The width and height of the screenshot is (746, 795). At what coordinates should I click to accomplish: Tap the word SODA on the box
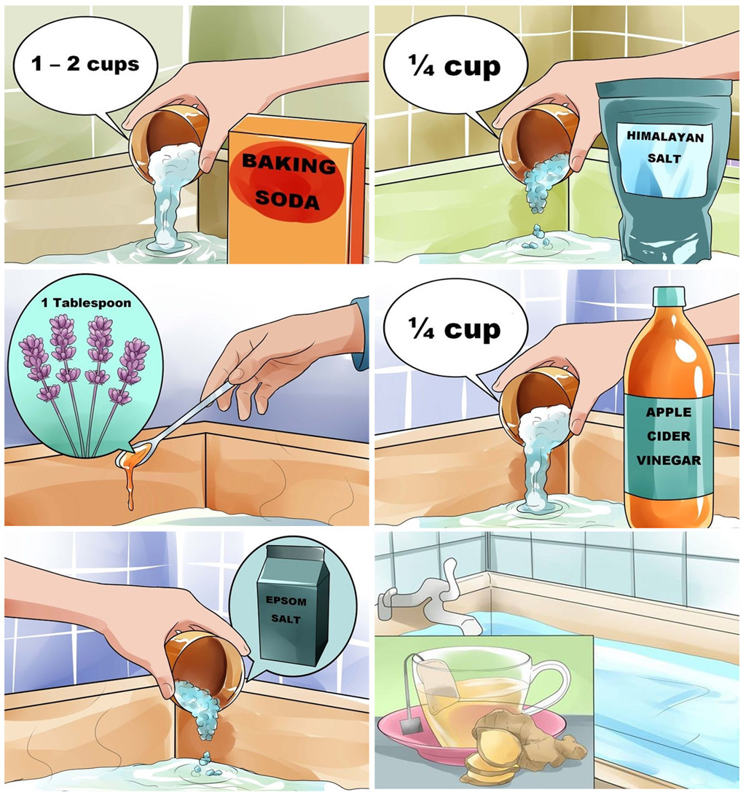287,199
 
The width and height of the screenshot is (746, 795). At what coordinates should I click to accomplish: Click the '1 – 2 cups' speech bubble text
85,64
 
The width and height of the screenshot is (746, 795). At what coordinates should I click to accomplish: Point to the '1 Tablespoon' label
86,302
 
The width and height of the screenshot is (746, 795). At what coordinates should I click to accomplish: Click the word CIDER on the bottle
669,436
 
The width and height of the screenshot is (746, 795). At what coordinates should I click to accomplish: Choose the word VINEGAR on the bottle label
669,461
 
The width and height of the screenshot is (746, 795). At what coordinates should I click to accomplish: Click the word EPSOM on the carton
286,601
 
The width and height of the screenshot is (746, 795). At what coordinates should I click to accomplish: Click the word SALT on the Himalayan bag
664,158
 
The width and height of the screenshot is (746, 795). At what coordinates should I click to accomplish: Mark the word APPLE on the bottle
669,412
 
